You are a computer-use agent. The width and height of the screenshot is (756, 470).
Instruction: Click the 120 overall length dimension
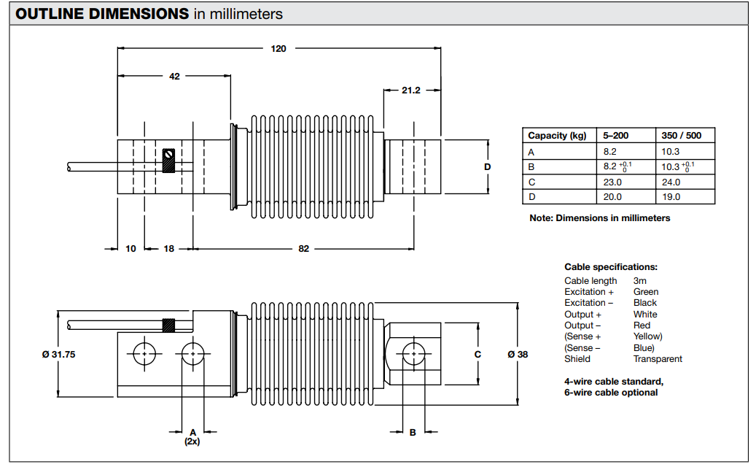pyautogui.click(x=278, y=49)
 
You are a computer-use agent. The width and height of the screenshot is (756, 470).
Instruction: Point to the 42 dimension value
pyautogui.click(x=174, y=76)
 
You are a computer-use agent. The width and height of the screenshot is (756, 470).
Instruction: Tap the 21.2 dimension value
pyautogui.click(x=411, y=90)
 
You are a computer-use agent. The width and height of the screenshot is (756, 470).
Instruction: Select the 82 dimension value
pyautogui.click(x=303, y=249)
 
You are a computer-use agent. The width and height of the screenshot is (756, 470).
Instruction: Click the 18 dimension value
pyautogui.click(x=168, y=249)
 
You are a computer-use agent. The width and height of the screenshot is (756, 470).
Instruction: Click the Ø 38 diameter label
pyautogui.click(x=518, y=354)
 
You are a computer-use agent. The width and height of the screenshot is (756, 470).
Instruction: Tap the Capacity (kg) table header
pyautogui.click(x=557, y=136)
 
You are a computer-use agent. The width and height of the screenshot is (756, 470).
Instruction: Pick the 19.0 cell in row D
pyautogui.click(x=671, y=197)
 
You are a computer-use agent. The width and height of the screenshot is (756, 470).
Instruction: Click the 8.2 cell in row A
pyautogui.click(x=610, y=151)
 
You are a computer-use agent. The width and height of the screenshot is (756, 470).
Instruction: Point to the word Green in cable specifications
pyautogui.click(x=646, y=292)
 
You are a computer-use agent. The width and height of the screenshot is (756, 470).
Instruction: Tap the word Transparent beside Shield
pyautogui.click(x=658, y=359)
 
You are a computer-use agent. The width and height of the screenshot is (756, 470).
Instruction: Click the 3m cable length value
pyautogui.click(x=639, y=281)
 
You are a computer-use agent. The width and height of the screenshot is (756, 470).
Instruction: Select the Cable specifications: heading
pyautogui.click(x=611, y=267)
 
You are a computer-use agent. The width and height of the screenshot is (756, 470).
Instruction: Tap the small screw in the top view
pyautogui.click(x=169, y=155)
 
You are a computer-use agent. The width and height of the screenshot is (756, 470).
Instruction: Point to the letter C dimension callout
pyautogui.click(x=478, y=354)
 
